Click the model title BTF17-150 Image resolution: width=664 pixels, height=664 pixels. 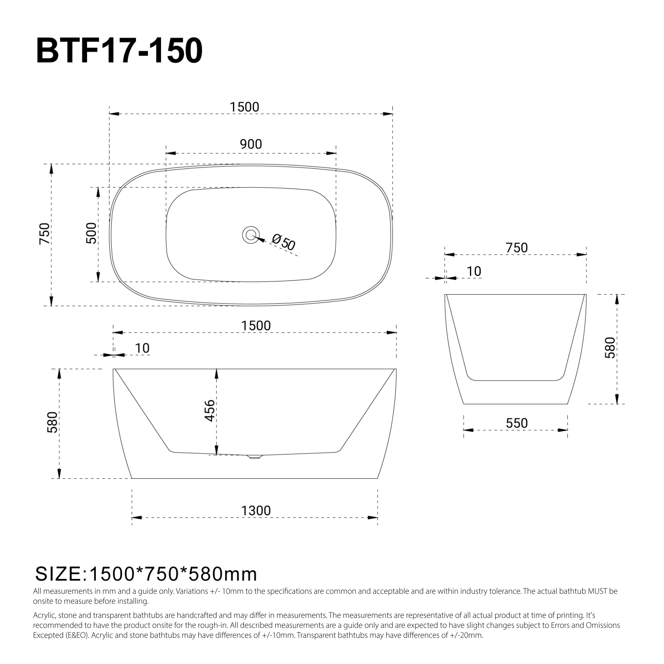pos(119,51)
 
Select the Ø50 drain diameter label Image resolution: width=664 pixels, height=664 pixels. pos(283,242)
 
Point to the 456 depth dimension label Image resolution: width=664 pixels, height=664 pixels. pos(209,410)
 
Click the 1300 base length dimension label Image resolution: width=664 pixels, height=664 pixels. pos(256,511)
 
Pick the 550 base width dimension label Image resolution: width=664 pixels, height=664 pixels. pos(517,423)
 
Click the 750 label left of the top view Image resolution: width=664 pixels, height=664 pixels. pos(44,234)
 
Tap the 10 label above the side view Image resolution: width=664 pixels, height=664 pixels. pos(142,348)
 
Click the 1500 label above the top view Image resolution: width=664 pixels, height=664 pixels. pos(244,107)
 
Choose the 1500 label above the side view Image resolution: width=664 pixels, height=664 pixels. pos(256,326)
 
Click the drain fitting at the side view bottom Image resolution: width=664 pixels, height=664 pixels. pos(255,457)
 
